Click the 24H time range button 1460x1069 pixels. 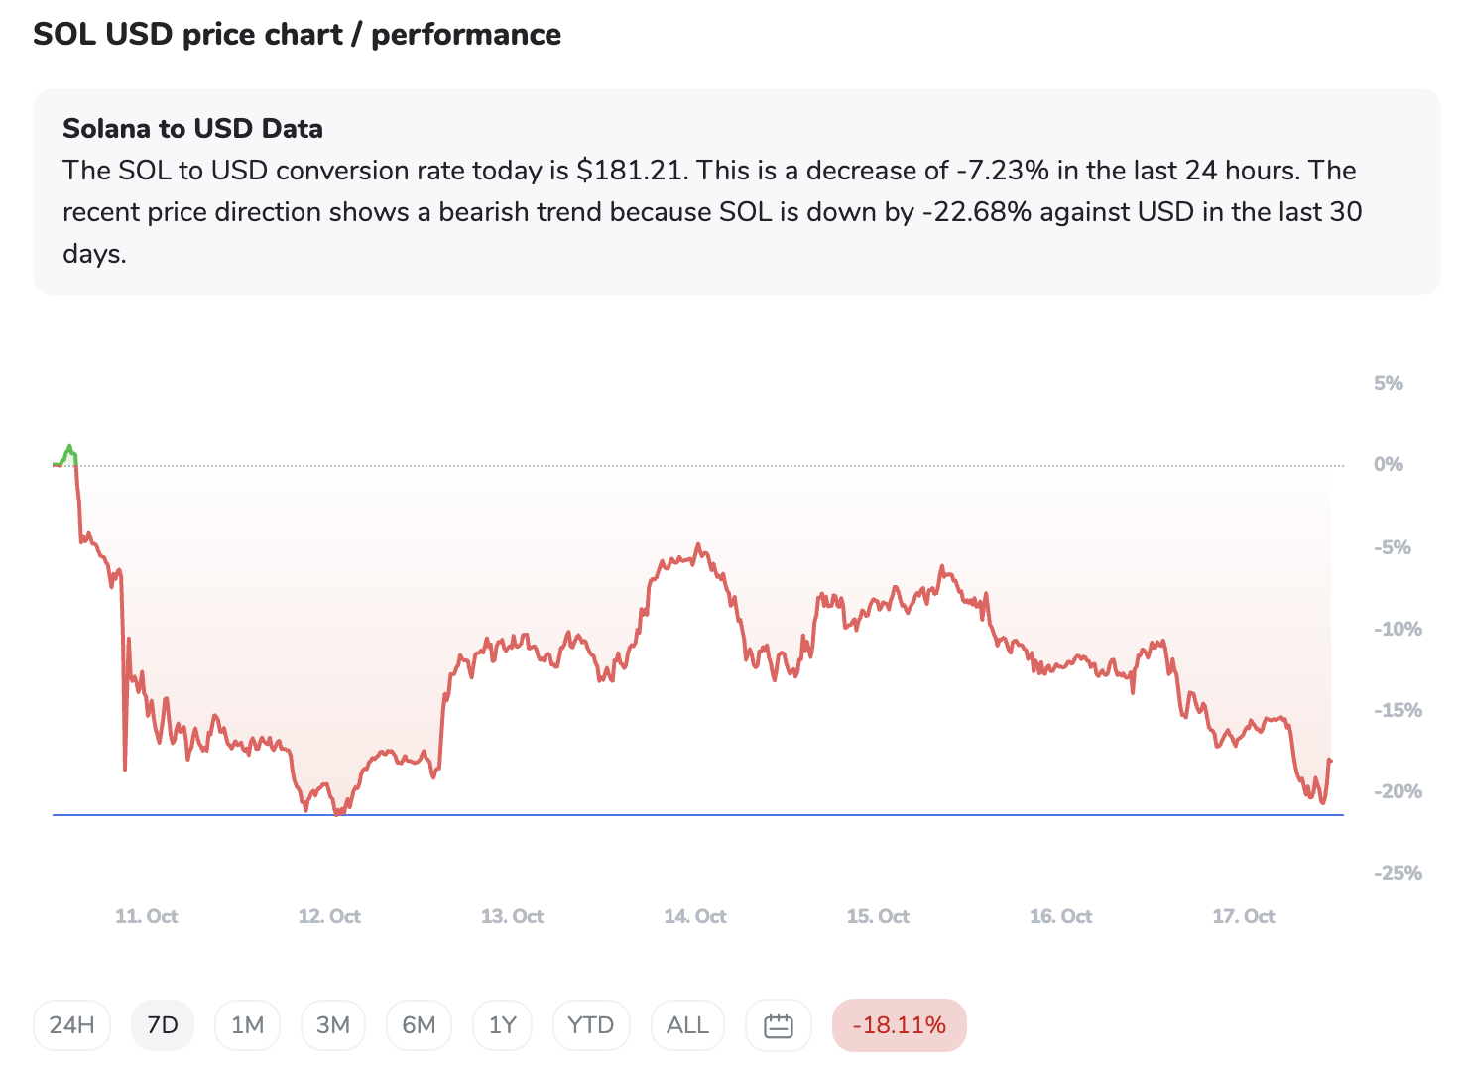(71, 1025)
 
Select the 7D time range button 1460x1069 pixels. (163, 1025)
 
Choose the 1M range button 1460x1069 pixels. (247, 1025)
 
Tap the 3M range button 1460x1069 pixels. (333, 1025)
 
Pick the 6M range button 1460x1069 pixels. (419, 1025)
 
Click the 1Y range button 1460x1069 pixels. (503, 1025)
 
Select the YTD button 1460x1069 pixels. (590, 1025)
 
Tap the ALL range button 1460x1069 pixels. (687, 1025)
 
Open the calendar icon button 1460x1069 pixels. (779, 1025)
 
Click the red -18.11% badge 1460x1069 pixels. (899, 1025)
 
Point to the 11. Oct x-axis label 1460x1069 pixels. (147, 916)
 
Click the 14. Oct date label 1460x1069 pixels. (695, 916)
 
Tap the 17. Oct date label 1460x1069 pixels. (1244, 916)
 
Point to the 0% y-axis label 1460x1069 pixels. (1389, 464)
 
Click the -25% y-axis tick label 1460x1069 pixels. (1398, 873)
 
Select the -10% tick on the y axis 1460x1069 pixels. (1398, 629)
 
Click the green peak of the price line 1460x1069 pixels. (69, 448)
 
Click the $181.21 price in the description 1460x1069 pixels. (631, 171)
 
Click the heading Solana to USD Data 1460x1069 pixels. (192, 129)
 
